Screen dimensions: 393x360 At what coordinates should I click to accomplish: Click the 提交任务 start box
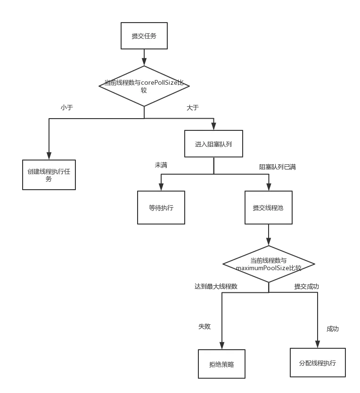click(144, 36)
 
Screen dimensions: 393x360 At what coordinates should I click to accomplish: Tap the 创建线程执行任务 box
click(49, 175)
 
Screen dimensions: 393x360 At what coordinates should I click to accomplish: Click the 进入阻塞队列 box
click(213, 144)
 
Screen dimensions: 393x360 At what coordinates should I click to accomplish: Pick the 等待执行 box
click(161, 207)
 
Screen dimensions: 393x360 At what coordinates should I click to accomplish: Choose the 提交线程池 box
click(268, 207)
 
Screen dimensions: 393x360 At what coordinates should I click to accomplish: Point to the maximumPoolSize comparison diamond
click(268, 264)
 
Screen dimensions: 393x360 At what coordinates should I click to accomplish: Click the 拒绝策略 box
click(222, 364)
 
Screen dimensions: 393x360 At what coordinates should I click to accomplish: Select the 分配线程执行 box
click(318, 363)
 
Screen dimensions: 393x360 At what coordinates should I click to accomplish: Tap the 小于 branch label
click(68, 108)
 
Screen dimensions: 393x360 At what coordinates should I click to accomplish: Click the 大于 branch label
click(191, 108)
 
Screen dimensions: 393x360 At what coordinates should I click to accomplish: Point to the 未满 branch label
click(162, 166)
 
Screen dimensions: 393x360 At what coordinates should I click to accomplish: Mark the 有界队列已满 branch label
click(278, 166)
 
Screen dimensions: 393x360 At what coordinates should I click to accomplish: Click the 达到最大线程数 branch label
click(215, 286)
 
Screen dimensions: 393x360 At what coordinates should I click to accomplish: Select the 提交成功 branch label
click(307, 286)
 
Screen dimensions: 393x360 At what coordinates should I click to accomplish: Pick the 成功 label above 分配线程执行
click(333, 328)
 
